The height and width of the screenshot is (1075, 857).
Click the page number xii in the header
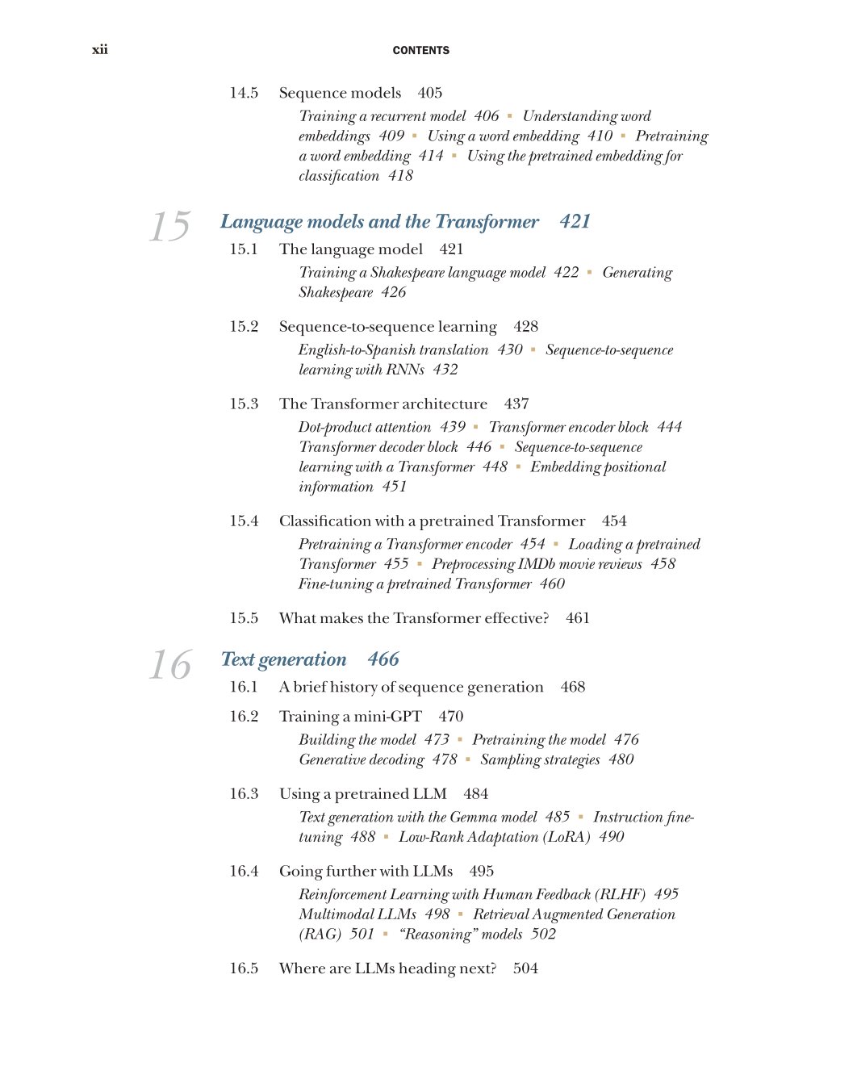click(x=100, y=50)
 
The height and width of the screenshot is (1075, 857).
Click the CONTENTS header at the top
click(x=421, y=50)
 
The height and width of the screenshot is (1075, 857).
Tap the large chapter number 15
click(x=170, y=227)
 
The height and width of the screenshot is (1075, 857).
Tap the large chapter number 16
click(x=170, y=665)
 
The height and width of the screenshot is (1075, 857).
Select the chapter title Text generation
click(x=283, y=659)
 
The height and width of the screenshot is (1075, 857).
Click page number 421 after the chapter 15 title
click(x=575, y=222)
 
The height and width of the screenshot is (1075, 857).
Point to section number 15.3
click(x=244, y=404)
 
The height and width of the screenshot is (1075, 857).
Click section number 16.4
click(x=244, y=871)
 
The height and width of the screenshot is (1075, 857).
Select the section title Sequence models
click(x=340, y=93)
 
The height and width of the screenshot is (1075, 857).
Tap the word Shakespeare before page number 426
click(x=336, y=292)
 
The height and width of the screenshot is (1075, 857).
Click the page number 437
click(x=516, y=404)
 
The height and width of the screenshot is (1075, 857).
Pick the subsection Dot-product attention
click(x=365, y=427)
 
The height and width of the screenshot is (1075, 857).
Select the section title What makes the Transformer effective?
click(x=414, y=618)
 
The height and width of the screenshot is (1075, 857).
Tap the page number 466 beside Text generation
click(x=383, y=659)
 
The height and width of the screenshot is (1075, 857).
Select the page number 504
click(x=525, y=968)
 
